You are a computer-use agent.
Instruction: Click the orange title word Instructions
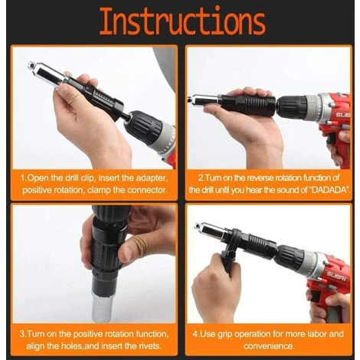point(182,21)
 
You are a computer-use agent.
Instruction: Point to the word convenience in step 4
point(269,346)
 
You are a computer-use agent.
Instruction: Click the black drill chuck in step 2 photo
point(292,108)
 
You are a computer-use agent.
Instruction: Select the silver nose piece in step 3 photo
point(102,308)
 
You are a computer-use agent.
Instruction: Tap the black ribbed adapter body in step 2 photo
point(247,104)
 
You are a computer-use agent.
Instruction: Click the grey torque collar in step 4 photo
point(312,263)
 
